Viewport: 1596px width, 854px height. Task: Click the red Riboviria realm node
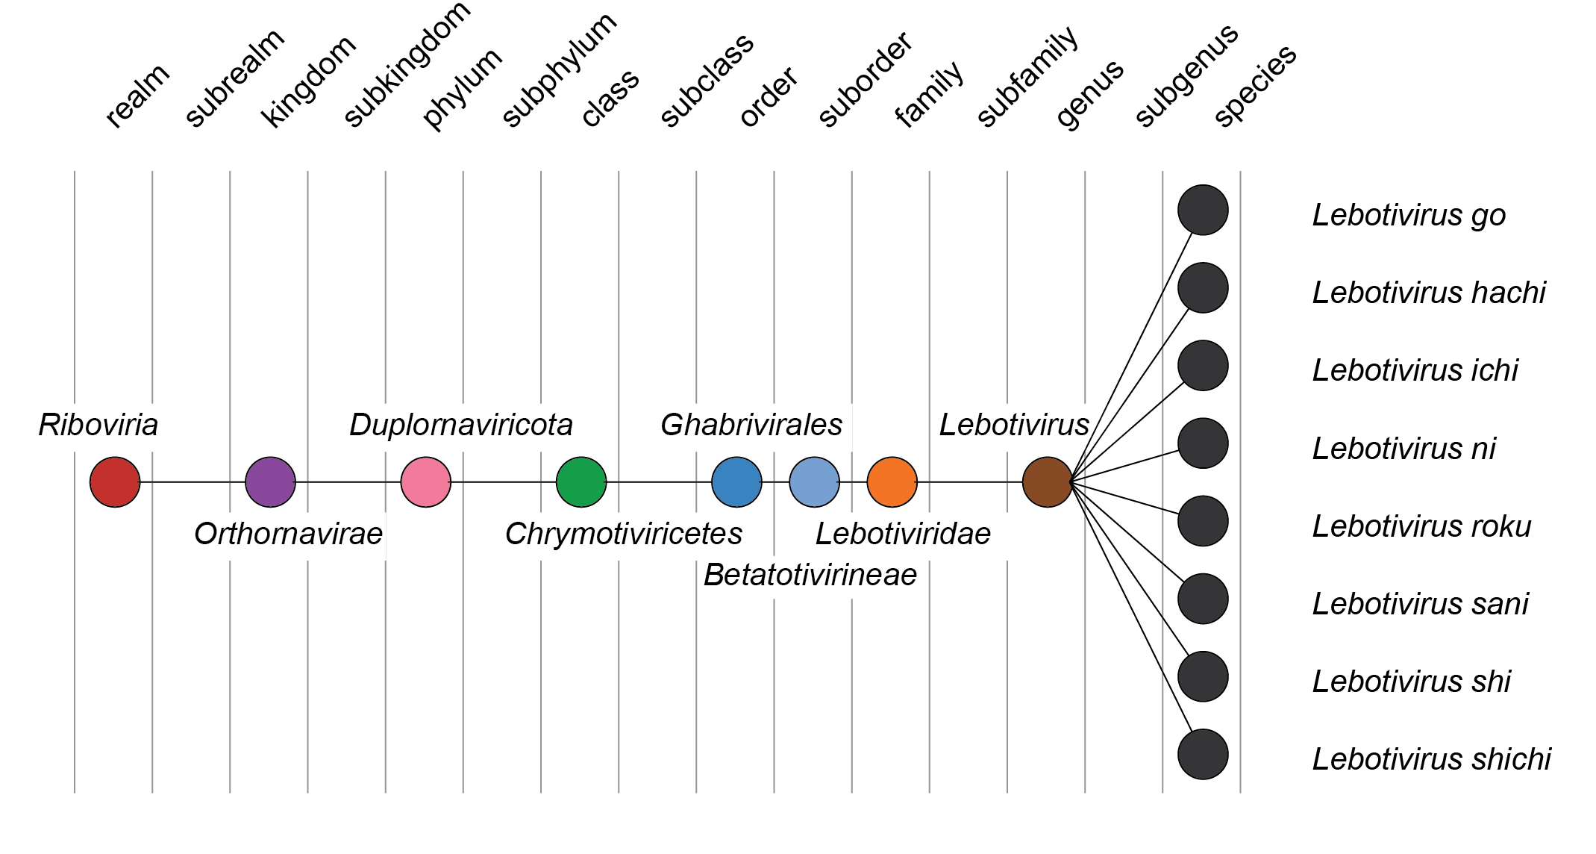(115, 482)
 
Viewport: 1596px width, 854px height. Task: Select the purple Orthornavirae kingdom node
(270, 482)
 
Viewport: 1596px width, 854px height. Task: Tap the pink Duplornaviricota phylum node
(425, 482)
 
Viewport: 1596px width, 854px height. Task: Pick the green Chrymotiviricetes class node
(581, 482)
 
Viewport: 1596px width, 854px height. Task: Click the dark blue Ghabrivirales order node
(736, 482)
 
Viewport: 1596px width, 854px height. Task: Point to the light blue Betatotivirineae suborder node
(814, 482)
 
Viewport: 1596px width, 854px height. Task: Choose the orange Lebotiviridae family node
(892, 482)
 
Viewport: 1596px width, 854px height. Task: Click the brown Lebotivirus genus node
(1047, 482)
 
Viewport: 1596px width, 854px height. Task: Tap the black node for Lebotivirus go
(1203, 210)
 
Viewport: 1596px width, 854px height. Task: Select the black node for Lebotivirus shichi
(1203, 754)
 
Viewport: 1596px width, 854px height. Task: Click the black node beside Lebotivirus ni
(1203, 443)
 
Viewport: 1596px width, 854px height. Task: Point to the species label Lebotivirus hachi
(1428, 293)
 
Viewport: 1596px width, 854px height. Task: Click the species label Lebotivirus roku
(1421, 526)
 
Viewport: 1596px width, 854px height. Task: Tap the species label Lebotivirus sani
(1420, 604)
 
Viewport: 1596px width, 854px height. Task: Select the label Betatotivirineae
(810, 575)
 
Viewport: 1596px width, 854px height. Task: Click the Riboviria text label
(98, 425)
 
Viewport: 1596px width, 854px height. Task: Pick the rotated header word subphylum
(560, 71)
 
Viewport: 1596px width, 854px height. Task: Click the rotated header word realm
(138, 96)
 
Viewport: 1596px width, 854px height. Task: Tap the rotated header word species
(1256, 86)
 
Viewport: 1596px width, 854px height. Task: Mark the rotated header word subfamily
(1028, 77)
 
